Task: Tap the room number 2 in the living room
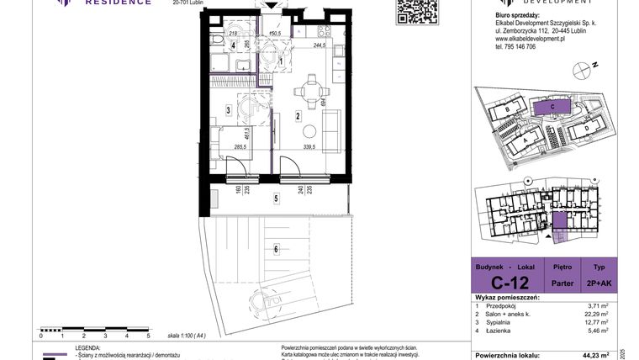[x=298, y=116]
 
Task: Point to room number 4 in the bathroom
[x=222, y=45]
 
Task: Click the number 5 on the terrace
[x=275, y=199]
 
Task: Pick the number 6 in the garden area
[x=275, y=248]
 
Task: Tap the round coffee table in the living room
[x=310, y=131]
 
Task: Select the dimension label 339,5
[x=304, y=146]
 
